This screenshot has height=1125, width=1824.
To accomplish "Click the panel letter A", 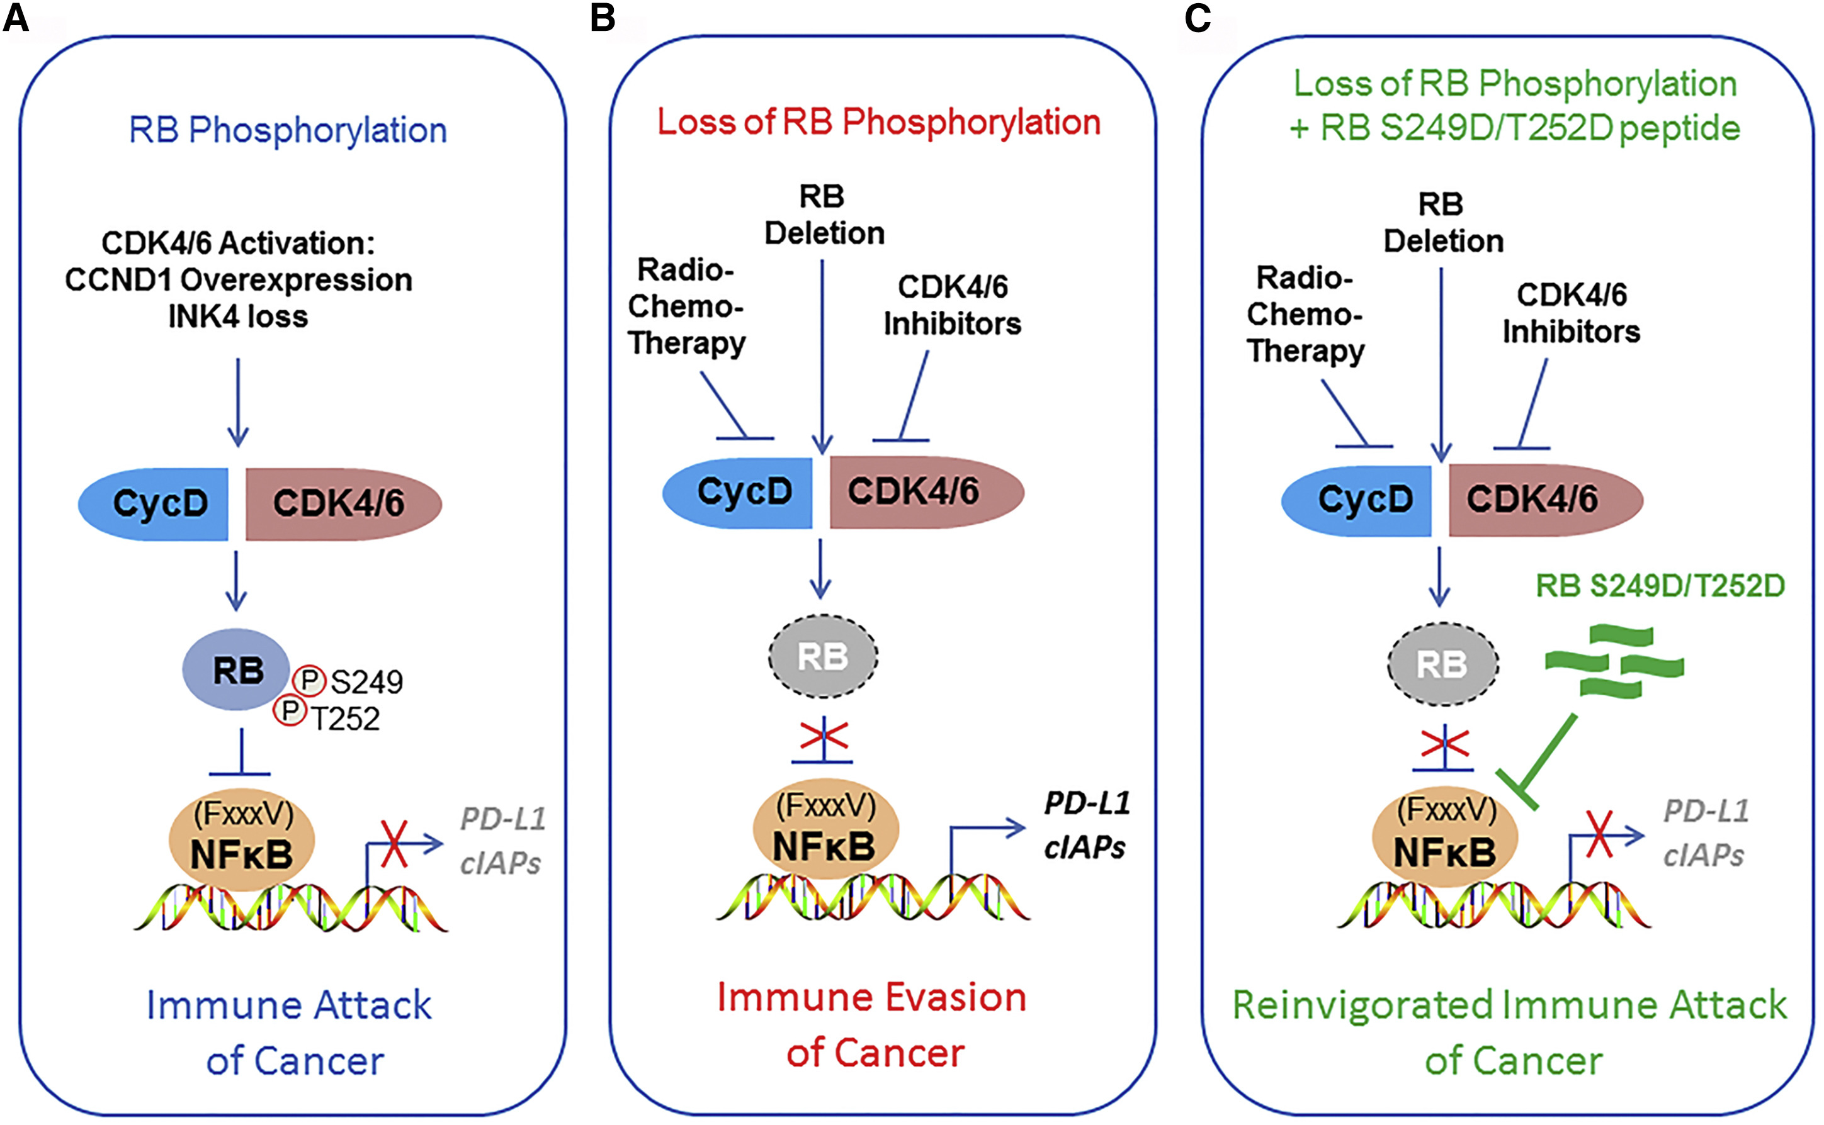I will pos(16,16).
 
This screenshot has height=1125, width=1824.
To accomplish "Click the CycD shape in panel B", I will pos(741,493).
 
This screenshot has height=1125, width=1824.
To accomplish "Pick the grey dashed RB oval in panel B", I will pos(823,656).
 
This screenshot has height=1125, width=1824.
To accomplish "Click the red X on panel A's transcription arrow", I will pos(394,843).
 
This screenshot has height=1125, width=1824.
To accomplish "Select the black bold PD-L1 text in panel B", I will pos(1087,803).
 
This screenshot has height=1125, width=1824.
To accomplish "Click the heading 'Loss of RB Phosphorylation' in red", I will pos(878,122).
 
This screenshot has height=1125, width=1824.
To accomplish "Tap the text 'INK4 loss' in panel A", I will pos(237,317).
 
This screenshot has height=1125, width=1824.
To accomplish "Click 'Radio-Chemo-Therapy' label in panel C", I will pos(1305,315).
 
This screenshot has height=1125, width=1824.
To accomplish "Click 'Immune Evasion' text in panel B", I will pos(871,997).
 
